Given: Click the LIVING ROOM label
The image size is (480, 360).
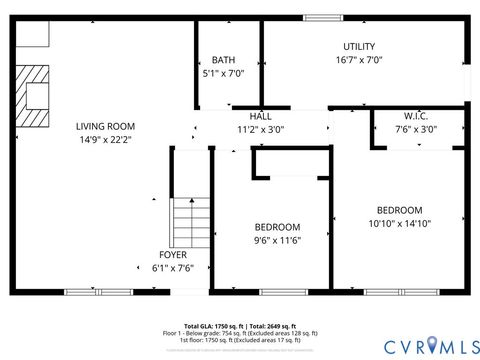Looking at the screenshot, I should pos(105,126).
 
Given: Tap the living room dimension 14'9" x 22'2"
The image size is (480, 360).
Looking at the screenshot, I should pos(105,139).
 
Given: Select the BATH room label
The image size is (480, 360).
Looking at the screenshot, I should pos(223,60).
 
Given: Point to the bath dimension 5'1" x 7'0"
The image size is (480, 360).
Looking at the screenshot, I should pos(223,73).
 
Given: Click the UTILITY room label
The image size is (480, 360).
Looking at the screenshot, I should pos(359,47).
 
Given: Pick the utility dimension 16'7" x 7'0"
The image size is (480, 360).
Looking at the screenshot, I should pos(359,60).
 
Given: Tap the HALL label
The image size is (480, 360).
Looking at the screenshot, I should pos(260,116).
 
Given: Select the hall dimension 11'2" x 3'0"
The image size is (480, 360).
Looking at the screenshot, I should pos(260,129).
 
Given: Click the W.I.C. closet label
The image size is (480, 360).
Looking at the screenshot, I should pos(416,116).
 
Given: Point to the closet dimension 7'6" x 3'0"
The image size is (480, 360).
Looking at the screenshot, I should pos(416,129).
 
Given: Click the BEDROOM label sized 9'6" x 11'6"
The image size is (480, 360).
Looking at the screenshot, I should pos(277,227).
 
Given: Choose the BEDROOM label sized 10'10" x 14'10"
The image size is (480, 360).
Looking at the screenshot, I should pos(399,210).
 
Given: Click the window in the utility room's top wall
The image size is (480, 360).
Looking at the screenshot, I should pos(323,17).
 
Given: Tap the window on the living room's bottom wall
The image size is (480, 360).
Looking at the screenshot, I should pos(83,292).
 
